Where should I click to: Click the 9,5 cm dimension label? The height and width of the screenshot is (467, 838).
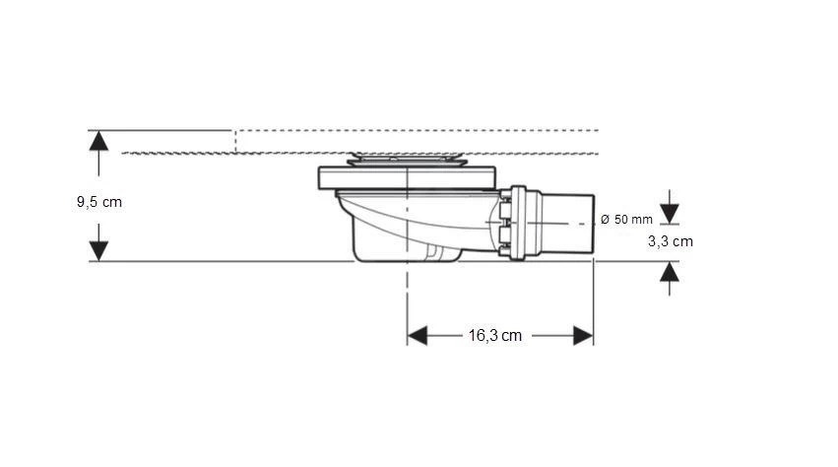(98, 202)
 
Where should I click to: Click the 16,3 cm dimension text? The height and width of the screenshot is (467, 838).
(494, 336)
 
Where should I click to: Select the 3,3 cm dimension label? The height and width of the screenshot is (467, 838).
(670, 240)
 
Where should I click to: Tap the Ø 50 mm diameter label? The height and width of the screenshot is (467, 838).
(625, 219)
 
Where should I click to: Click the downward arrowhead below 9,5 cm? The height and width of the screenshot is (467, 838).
(97, 250)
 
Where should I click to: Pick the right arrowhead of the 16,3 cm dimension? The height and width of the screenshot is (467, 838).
(582, 336)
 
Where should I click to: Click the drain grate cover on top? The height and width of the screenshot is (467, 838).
(407, 159)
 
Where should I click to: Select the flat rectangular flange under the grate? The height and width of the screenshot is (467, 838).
(407, 179)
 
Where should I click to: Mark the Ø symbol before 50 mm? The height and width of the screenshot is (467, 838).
(604, 219)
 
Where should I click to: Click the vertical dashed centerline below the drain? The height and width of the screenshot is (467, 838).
(407, 296)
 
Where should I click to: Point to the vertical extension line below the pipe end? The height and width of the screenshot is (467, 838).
(593, 296)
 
